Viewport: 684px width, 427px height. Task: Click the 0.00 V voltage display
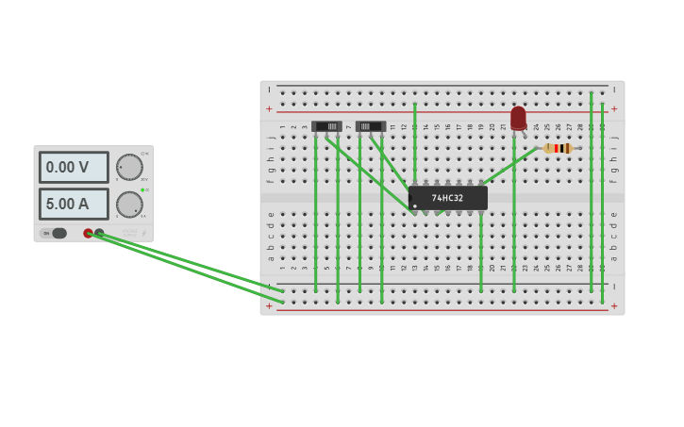pyautogui.click(x=73, y=167)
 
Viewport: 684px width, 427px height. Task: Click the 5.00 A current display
pyautogui.click(x=73, y=204)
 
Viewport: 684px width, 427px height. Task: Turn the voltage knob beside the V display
pyautogui.click(x=129, y=167)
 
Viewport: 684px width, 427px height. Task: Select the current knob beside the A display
pyautogui.click(x=129, y=204)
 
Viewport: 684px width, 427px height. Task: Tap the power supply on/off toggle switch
pyautogui.click(x=55, y=233)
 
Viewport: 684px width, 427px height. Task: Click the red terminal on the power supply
pyautogui.click(x=88, y=233)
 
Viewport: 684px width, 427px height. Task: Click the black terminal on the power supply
pyautogui.click(x=99, y=233)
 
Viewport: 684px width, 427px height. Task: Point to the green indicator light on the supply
pyautogui.click(x=142, y=190)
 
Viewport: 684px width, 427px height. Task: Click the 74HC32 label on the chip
pyautogui.click(x=447, y=198)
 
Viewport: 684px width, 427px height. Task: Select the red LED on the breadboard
pyautogui.click(x=518, y=118)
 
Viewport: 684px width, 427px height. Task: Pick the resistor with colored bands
pyautogui.click(x=559, y=148)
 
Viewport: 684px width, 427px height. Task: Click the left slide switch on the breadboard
pyautogui.click(x=327, y=126)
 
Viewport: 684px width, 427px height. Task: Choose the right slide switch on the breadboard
pyautogui.click(x=371, y=126)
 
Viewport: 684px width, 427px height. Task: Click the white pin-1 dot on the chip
pyautogui.click(x=415, y=206)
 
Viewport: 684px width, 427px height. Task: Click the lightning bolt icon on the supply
pyautogui.click(x=143, y=233)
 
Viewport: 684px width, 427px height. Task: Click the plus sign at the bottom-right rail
pyautogui.click(x=614, y=305)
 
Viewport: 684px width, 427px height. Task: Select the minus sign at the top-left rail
pyautogui.click(x=270, y=90)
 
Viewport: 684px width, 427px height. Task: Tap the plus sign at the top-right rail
pyautogui.click(x=614, y=108)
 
